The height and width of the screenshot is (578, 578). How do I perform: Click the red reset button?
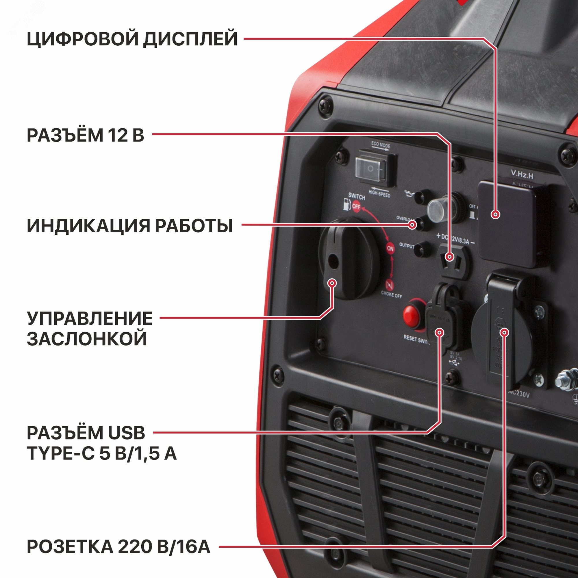(x=411, y=315)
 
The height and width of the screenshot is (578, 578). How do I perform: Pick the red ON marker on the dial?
(x=390, y=249)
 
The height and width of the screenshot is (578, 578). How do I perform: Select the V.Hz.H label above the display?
(x=522, y=175)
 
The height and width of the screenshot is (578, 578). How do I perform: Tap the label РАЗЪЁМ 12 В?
(x=86, y=135)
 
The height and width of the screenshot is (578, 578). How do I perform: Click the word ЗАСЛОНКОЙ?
(x=87, y=339)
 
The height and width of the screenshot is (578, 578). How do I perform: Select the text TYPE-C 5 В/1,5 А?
(x=102, y=454)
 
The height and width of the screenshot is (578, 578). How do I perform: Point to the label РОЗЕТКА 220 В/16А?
(x=118, y=547)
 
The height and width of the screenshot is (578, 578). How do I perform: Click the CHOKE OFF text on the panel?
(x=391, y=294)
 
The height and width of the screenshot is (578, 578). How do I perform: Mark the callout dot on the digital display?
(x=496, y=214)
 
